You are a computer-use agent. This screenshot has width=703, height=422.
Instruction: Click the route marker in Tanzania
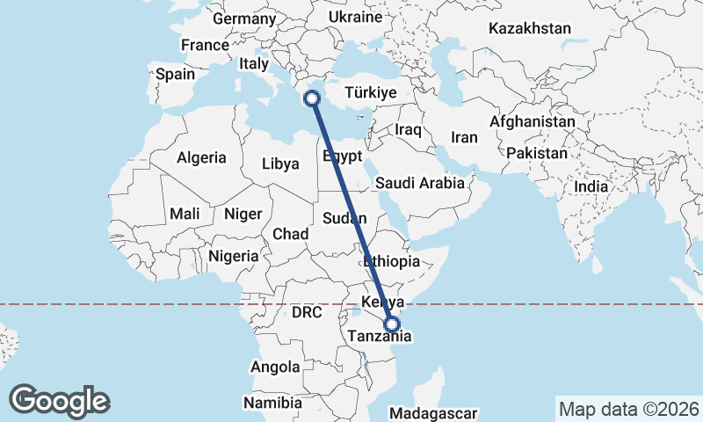[392, 324]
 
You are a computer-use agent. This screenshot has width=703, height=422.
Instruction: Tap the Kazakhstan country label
[530, 28]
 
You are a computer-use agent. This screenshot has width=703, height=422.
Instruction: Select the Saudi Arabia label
[419, 184]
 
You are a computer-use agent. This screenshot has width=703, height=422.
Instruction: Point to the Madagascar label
[433, 412]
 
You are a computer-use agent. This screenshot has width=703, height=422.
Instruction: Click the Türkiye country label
[371, 92]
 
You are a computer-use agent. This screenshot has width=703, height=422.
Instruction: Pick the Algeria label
[201, 158]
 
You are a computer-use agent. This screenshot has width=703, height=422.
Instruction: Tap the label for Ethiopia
[391, 261]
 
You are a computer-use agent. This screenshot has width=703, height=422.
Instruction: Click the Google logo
[59, 401]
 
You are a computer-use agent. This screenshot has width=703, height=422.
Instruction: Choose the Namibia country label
[272, 403]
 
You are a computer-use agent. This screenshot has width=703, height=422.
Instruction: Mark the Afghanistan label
[533, 121]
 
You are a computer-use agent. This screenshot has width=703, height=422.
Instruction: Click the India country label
[591, 186]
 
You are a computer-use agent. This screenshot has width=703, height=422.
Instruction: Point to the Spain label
[175, 75]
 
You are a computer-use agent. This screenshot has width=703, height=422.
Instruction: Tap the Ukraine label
[355, 17]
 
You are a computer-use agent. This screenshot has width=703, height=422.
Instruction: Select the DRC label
[308, 312]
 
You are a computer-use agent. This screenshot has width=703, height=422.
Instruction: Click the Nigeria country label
[234, 256]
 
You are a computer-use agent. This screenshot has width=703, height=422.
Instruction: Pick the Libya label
[280, 164]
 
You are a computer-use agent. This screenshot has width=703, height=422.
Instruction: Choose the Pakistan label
[537, 153]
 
